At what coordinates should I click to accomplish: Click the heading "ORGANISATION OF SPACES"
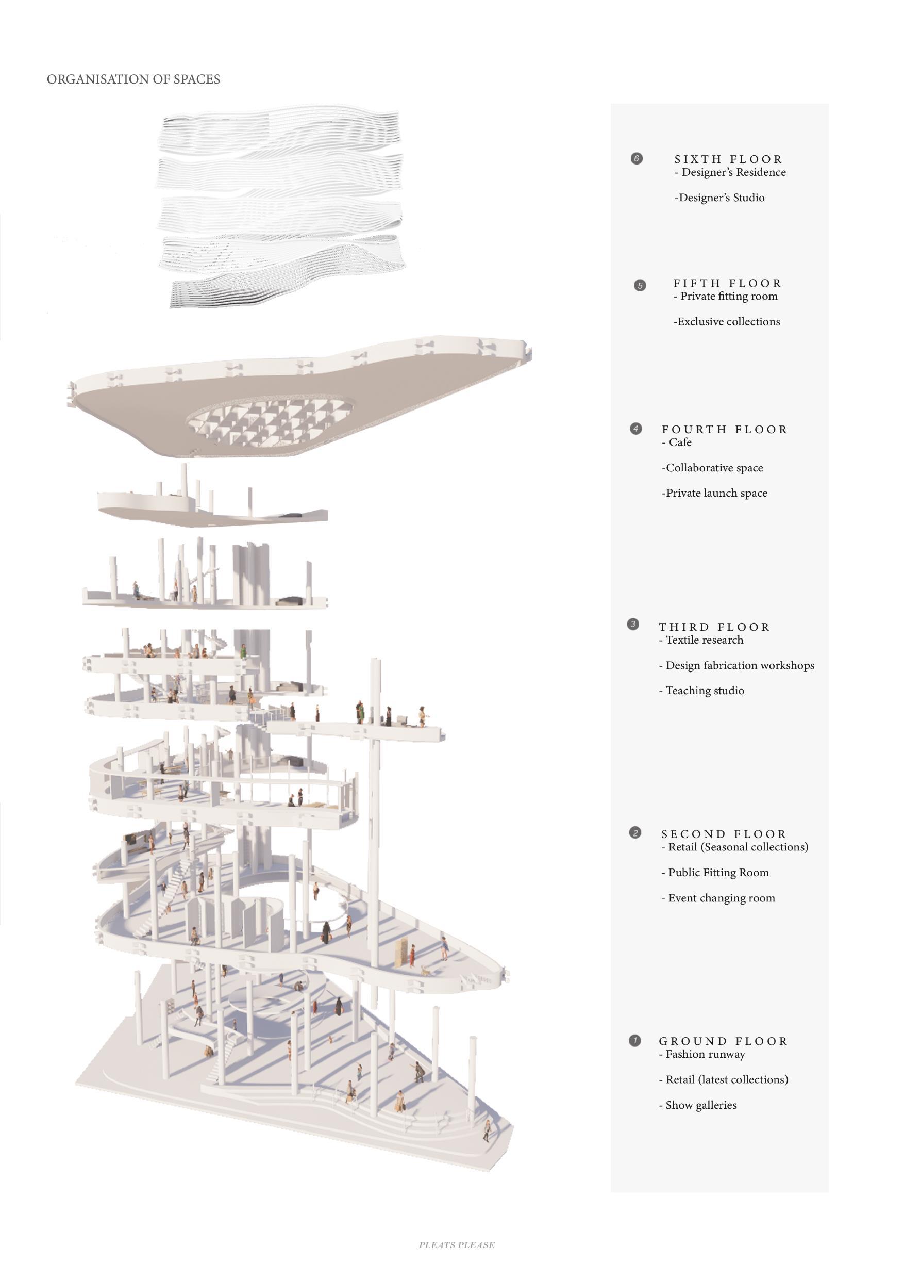tap(133, 79)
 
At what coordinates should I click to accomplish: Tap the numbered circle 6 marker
tap(636, 159)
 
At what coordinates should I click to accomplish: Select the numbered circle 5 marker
tap(640, 286)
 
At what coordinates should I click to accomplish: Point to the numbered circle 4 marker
tap(635, 429)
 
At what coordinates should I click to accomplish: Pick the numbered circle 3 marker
tap(633, 625)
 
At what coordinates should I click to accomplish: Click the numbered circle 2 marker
tap(635, 833)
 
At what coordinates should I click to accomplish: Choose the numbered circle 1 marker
tap(634, 1041)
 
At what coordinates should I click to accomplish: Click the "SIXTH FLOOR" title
tap(728, 159)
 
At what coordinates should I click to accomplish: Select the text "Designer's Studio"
tap(720, 198)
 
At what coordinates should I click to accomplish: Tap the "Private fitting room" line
tap(726, 297)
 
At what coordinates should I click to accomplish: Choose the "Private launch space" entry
tap(715, 493)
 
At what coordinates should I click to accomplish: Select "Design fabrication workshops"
tap(737, 665)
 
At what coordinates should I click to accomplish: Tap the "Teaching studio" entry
tap(702, 691)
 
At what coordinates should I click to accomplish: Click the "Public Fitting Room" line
tap(715, 873)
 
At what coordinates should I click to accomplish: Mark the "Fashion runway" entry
tap(702, 1054)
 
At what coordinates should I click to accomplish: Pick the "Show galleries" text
tap(698, 1105)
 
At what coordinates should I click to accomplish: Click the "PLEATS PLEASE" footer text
tap(457, 1245)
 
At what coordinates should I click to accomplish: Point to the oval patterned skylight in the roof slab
tap(270, 422)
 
